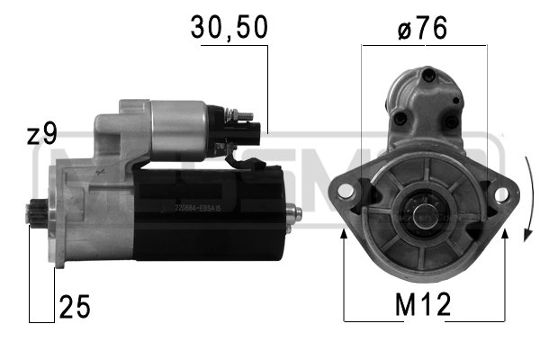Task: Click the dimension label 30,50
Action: pos(229,28)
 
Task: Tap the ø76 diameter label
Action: pos(421,28)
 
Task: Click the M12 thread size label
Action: pos(422,306)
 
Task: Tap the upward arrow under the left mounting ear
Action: pos(345,235)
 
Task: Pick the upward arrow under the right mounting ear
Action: pos(506,235)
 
